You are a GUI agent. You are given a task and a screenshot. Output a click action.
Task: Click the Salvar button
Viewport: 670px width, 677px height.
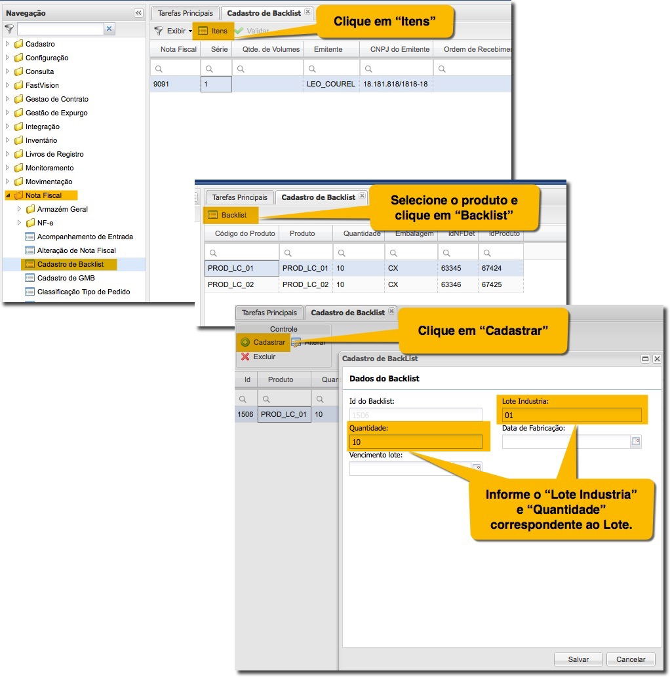(578, 659)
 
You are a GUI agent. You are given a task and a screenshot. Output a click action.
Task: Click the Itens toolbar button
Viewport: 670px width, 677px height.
(213, 31)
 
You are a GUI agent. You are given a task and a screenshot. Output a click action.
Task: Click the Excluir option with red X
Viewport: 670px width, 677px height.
(258, 357)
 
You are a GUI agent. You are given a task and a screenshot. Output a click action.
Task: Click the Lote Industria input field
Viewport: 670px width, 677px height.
(572, 416)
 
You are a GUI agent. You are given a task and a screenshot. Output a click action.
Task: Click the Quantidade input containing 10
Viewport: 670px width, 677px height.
(416, 442)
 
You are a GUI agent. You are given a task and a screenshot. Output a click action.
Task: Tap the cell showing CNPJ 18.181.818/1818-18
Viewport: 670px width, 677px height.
(396, 84)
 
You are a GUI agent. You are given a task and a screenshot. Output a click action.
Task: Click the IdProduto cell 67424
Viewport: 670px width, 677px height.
(501, 268)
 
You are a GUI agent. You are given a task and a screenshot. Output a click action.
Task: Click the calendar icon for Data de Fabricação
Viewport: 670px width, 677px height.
(636, 441)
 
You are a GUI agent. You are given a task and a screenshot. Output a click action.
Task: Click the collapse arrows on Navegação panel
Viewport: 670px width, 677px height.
(138, 13)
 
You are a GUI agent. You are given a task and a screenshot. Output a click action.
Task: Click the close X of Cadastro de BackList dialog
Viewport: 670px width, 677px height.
(657, 358)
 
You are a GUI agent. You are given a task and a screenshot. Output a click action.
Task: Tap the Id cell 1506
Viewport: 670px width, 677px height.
(245, 414)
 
